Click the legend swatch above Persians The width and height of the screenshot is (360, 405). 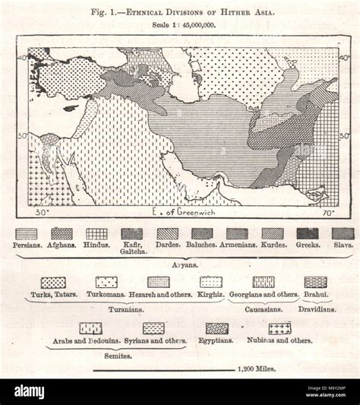tap(27, 234)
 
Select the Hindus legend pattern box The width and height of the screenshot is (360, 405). tap(96, 234)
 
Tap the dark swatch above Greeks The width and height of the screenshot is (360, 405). tap(308, 234)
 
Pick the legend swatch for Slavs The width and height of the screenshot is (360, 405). tap(343, 234)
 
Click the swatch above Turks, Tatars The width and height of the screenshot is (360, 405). tap(53, 282)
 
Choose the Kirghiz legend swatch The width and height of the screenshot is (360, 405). tap(210, 282)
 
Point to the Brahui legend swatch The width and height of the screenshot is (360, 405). tap(315, 282)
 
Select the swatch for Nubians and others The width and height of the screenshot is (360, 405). tap(279, 328)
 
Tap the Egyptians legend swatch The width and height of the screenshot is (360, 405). tap(217, 328)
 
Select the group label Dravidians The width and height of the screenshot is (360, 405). tap(316, 310)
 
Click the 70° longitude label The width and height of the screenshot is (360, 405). tap(327, 213)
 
